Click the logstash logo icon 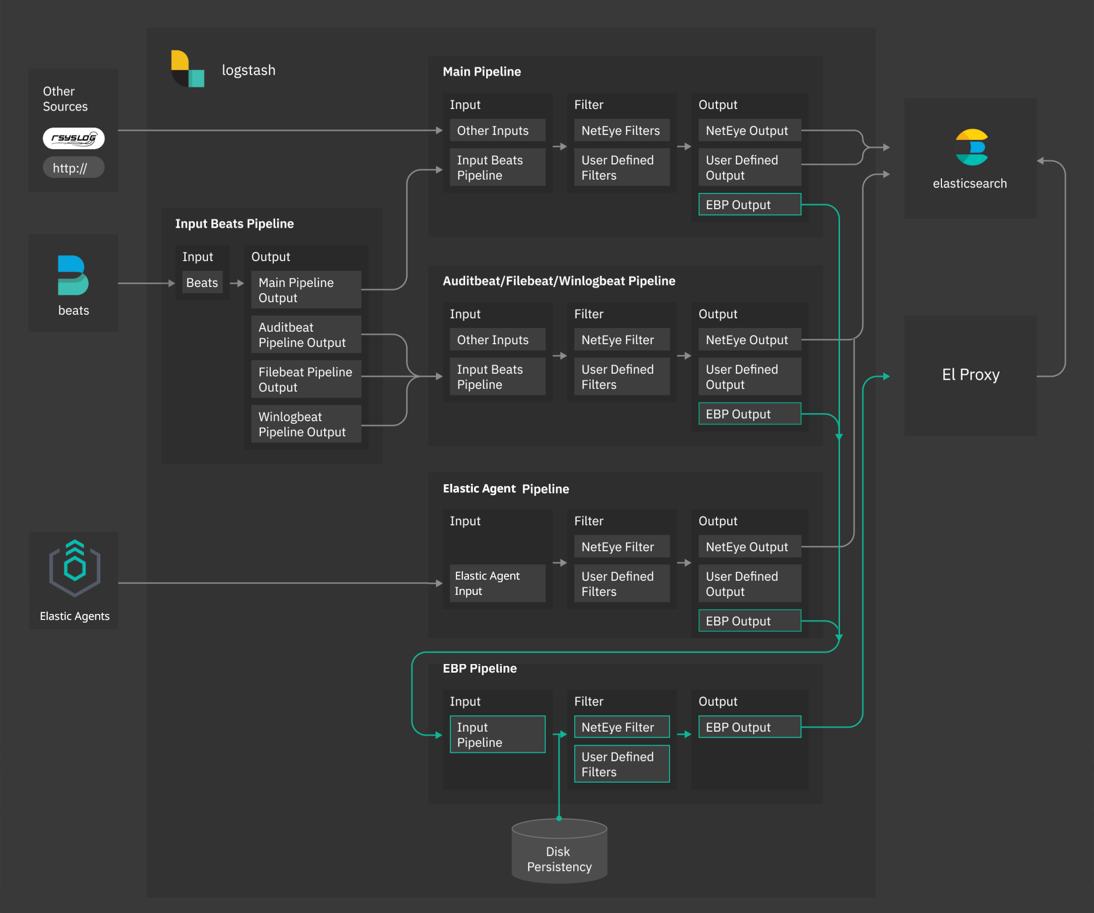(x=187, y=69)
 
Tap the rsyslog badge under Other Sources (x=74, y=138)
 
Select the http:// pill (x=74, y=168)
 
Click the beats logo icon (x=73, y=275)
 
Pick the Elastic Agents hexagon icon (x=75, y=569)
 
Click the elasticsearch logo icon (x=971, y=147)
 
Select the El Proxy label (x=970, y=375)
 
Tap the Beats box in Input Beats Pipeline (x=202, y=283)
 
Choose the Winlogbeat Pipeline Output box (x=306, y=424)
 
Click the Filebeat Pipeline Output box (x=306, y=380)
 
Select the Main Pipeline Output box (x=306, y=290)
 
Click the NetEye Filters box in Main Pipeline (x=621, y=131)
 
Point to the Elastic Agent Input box (x=497, y=583)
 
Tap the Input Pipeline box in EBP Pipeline (x=497, y=735)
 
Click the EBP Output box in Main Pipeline (x=749, y=205)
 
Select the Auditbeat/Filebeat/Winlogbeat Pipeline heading (x=558, y=281)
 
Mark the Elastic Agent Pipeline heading (x=506, y=489)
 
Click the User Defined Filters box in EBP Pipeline (x=621, y=764)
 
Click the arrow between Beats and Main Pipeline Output (x=237, y=283)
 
